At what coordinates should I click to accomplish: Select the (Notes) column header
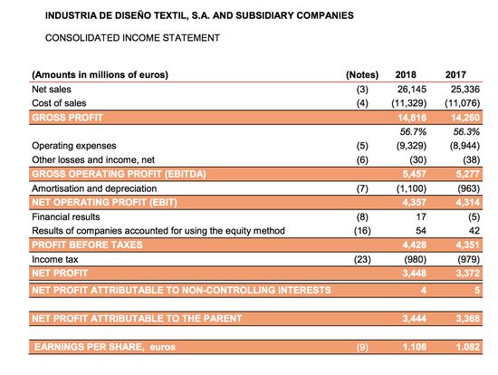coord(361,75)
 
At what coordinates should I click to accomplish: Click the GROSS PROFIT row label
coord(67,118)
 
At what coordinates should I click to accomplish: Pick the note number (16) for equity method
coord(361,231)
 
